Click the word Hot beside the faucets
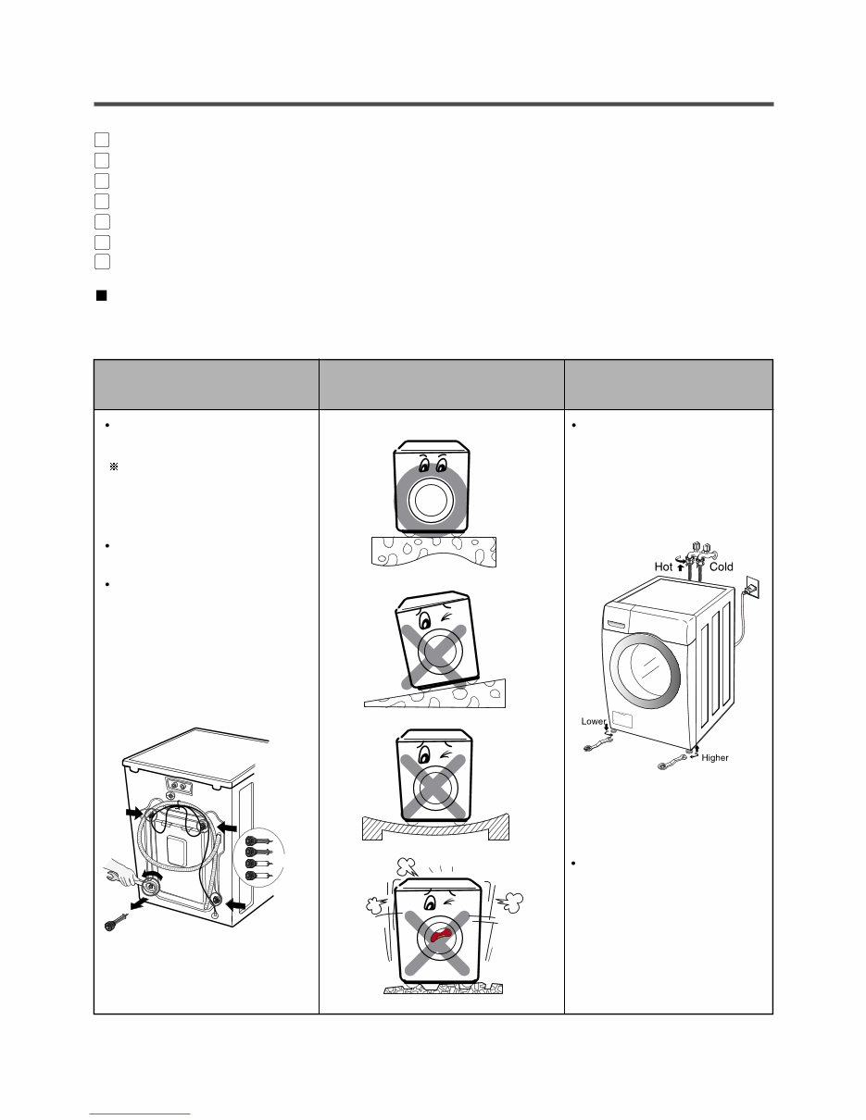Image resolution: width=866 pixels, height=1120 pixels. [x=664, y=566]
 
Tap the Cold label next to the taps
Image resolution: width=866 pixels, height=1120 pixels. [x=721, y=566]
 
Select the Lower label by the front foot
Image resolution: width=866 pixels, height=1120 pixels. [x=593, y=721]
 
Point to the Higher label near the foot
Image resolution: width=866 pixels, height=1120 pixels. [x=714, y=757]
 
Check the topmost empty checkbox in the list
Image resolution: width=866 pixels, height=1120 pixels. [x=102, y=140]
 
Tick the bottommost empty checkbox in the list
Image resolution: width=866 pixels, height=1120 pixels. [x=102, y=262]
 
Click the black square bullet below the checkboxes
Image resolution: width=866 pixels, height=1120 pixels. [x=102, y=296]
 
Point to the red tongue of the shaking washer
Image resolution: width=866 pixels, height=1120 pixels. [x=442, y=937]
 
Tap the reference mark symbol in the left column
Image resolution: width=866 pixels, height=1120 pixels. [x=114, y=468]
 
